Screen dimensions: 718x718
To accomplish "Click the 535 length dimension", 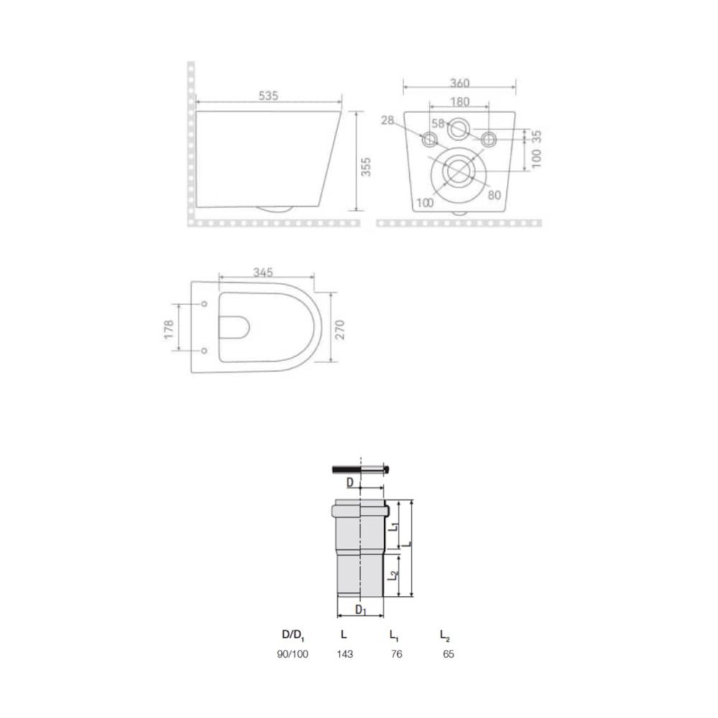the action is coord(269,95).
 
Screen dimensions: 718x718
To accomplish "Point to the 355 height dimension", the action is coord(366,167).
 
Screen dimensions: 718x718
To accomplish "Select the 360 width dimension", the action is coord(460,83).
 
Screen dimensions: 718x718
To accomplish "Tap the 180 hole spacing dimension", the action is coord(460,102).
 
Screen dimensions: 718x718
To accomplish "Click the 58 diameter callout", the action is coord(438,123).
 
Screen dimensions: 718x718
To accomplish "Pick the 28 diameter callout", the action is coord(388,120).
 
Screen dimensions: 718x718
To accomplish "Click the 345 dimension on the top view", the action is coord(264,272).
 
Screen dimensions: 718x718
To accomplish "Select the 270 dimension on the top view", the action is coord(340,330).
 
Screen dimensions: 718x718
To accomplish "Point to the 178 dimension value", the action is coord(169,330).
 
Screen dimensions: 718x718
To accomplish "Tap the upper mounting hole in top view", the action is coord(204,304).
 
